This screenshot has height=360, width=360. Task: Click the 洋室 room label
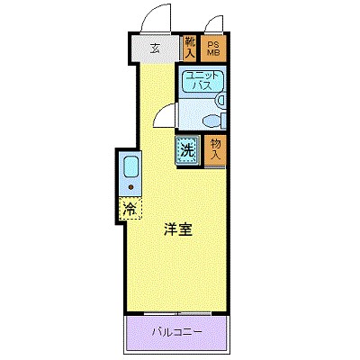(177, 229)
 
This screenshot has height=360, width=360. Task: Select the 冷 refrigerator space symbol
(130, 210)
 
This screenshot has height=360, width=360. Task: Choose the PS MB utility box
(215, 49)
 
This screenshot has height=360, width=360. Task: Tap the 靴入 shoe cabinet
(190, 47)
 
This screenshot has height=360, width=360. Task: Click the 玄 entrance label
(155, 49)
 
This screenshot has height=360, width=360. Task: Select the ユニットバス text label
(199, 83)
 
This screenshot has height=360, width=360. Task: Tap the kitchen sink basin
(130, 167)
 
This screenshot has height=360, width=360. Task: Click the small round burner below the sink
(130, 188)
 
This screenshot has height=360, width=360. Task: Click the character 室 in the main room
(184, 229)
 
